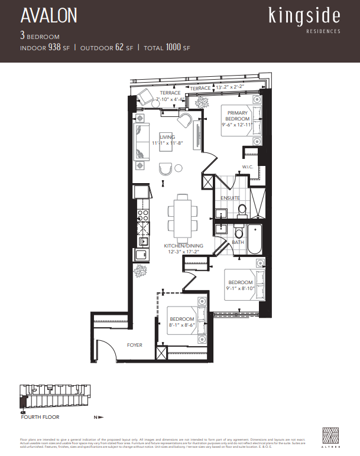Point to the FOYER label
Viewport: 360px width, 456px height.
134,345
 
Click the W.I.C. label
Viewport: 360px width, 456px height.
248,167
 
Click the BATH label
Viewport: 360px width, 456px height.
238,242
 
